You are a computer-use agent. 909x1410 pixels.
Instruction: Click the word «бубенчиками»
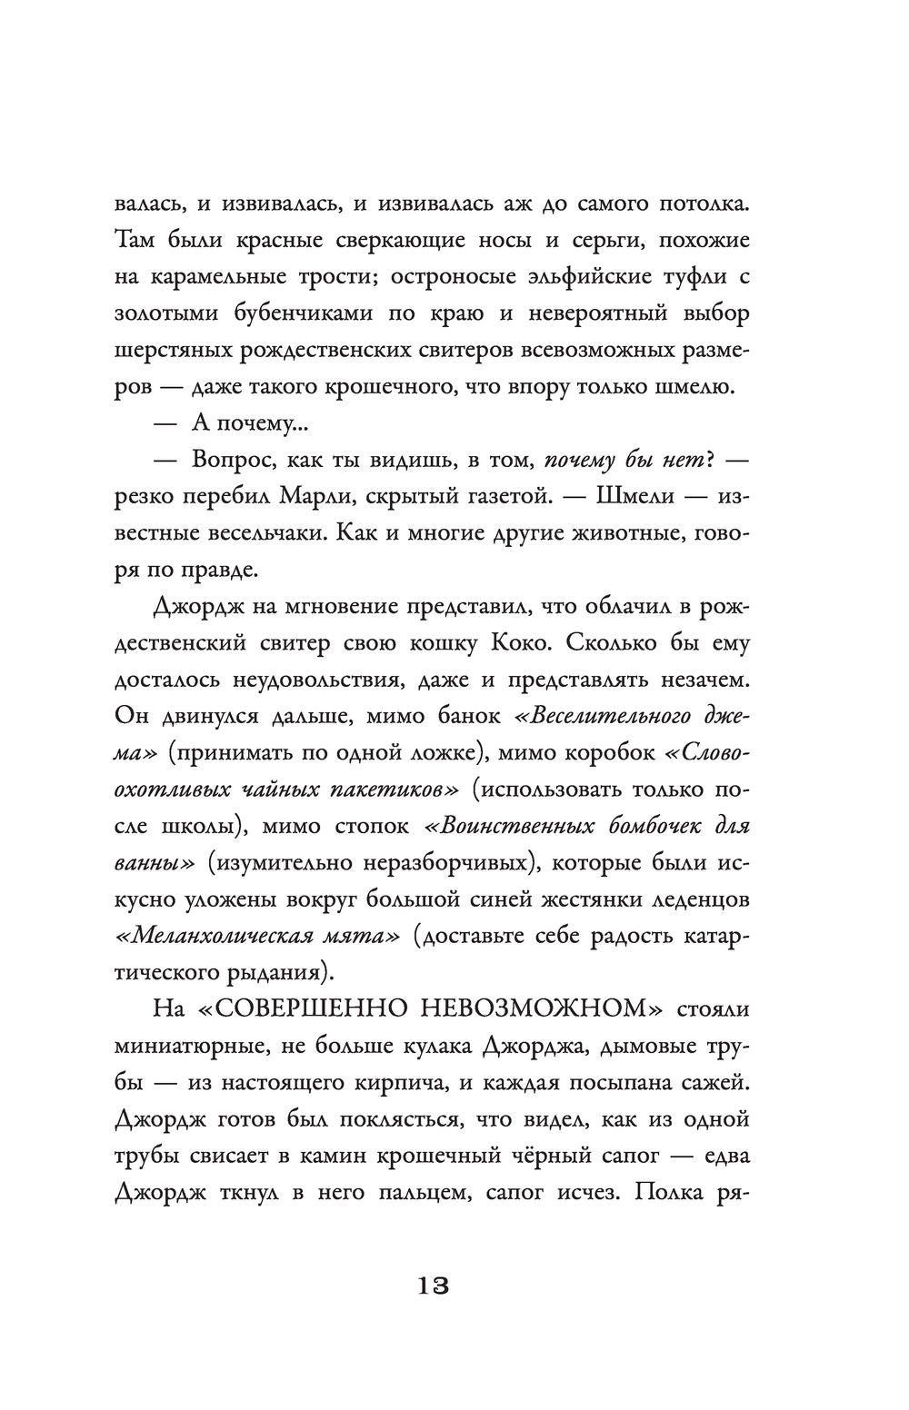click(297, 314)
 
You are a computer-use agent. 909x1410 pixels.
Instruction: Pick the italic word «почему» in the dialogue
click(584, 462)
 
